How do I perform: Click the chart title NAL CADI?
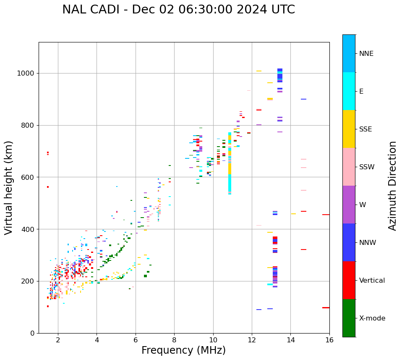pos(178,10)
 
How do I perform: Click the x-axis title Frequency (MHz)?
pos(183,350)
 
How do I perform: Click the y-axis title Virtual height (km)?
pos(9,188)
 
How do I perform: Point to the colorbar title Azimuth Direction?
pos(392,186)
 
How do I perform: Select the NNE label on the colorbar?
pos(366,54)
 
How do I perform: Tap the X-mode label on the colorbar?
pos(372,318)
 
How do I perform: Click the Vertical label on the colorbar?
pos(372,281)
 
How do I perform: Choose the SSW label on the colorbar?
pos(367,167)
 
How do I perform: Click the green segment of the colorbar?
pos(349,318)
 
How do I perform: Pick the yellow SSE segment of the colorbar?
pos(349,129)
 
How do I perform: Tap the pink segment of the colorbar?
pos(349,167)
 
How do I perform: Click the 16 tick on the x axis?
pos(329,339)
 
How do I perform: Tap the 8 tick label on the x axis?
pos(174,339)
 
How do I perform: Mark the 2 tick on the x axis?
pos(58,339)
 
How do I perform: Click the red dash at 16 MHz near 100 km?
pos(326,307)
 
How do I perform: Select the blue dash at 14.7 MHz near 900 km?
pos(303,99)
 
